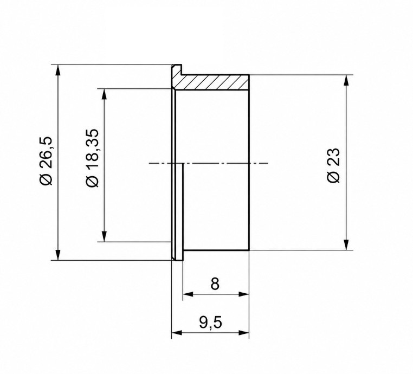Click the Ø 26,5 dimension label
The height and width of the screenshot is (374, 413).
(x=47, y=161)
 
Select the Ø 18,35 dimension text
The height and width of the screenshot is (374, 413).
(x=92, y=158)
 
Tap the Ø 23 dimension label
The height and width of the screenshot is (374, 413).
(x=333, y=165)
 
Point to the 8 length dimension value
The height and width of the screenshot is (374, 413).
(x=215, y=283)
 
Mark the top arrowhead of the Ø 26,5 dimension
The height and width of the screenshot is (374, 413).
(x=58, y=70)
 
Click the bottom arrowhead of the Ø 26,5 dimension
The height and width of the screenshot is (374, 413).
(x=58, y=254)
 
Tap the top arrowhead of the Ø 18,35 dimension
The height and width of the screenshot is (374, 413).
(x=105, y=94)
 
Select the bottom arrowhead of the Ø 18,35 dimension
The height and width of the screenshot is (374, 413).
(x=105, y=236)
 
